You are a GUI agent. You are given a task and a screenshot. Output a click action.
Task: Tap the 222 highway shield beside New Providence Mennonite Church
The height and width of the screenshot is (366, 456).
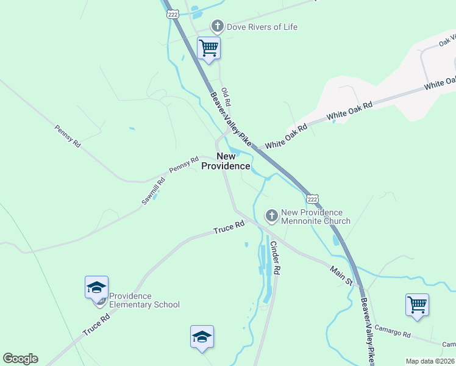coord(312,199)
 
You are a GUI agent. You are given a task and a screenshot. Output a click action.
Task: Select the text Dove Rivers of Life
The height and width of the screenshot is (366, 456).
coord(262,27)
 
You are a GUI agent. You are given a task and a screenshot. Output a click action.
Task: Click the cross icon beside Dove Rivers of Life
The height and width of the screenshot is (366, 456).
coord(216,26)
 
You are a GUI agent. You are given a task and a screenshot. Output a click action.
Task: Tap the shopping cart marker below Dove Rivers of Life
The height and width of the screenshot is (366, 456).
coord(208,48)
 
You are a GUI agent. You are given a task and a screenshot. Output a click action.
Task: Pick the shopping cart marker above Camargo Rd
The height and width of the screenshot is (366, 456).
coord(417,304)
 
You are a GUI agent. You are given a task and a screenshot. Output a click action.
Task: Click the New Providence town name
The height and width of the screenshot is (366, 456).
coord(226,161)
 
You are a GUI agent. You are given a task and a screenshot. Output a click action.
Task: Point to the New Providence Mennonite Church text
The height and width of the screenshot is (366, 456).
coord(315,217)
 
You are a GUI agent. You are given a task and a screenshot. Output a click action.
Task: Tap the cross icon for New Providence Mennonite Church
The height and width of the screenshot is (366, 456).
coord(271,215)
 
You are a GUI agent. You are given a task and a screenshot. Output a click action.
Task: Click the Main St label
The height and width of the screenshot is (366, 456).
coord(341,275)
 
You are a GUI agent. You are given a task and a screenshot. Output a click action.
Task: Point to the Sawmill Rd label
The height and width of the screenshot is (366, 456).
coord(154,189)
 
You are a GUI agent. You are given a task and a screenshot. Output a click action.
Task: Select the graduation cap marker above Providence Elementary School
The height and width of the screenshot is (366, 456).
coord(96,288)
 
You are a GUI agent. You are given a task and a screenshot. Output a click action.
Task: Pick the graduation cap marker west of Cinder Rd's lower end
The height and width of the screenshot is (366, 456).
coord(202,337)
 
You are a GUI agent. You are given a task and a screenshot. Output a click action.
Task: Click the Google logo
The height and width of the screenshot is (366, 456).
coord(20,359)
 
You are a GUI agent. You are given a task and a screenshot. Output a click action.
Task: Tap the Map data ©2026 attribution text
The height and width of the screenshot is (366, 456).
coord(430,361)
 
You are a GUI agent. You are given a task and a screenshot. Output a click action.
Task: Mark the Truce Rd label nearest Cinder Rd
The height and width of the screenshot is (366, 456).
coord(229,228)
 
